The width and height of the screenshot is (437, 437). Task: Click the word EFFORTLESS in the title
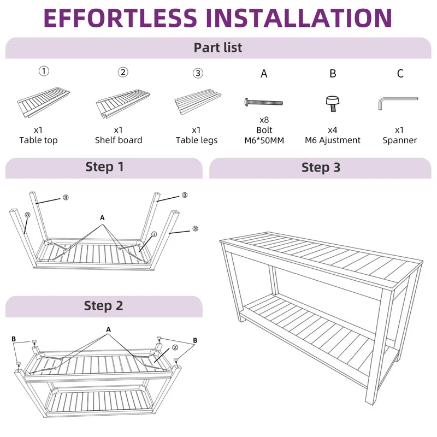(x=120, y=18)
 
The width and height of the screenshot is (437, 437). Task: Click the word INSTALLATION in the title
(x=299, y=18)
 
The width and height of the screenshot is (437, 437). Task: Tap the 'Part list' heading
(x=218, y=48)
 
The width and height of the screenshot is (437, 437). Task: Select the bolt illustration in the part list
(x=264, y=102)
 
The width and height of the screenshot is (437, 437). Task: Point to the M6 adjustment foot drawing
(x=333, y=104)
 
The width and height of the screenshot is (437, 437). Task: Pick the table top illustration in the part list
(x=44, y=102)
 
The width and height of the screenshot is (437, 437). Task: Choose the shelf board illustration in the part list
(x=123, y=104)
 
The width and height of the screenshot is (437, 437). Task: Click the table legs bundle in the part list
(x=198, y=102)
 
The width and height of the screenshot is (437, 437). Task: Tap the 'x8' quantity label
(x=264, y=120)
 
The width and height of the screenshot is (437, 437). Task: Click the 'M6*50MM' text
(x=264, y=140)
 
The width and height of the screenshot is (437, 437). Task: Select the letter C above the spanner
(x=400, y=74)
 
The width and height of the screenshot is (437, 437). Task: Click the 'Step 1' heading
(x=104, y=167)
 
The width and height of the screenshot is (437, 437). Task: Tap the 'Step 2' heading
(x=103, y=306)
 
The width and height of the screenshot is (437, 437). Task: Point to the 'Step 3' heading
(x=321, y=168)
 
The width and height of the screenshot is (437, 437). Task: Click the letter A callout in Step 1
(x=102, y=217)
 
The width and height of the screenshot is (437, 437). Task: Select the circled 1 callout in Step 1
(x=154, y=234)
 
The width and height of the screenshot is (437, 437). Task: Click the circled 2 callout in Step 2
(x=175, y=347)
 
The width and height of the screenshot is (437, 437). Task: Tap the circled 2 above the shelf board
(x=123, y=72)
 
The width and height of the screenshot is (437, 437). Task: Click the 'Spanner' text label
(x=400, y=140)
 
